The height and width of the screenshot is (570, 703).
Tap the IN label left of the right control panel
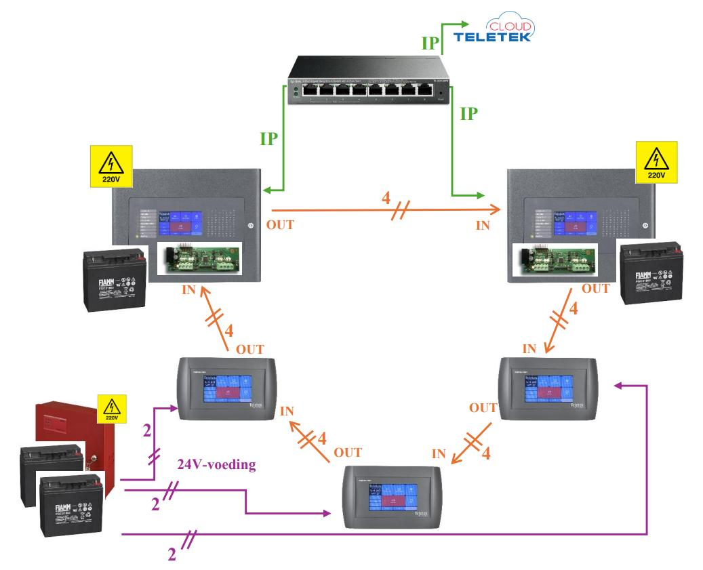coord(483,224)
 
